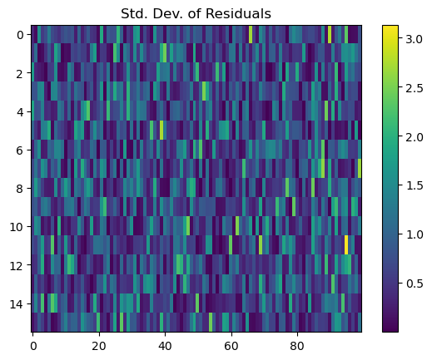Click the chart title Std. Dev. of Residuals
click(196, 13)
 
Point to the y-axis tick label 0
click(20, 35)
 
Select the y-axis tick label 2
click(20, 73)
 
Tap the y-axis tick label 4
click(20, 112)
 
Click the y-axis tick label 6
click(20, 150)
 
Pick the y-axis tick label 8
click(20, 189)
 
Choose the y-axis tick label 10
click(17, 227)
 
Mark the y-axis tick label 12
click(17, 266)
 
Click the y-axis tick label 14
click(17, 304)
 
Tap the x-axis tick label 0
click(33, 346)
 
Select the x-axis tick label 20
click(99, 346)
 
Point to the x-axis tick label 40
click(166, 346)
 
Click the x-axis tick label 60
click(231, 346)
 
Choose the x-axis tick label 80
click(297, 346)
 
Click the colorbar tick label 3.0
click(415, 39)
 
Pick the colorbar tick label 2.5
click(415, 88)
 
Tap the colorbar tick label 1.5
click(415, 185)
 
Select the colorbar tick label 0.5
click(415, 284)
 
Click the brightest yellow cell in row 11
click(346, 244)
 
